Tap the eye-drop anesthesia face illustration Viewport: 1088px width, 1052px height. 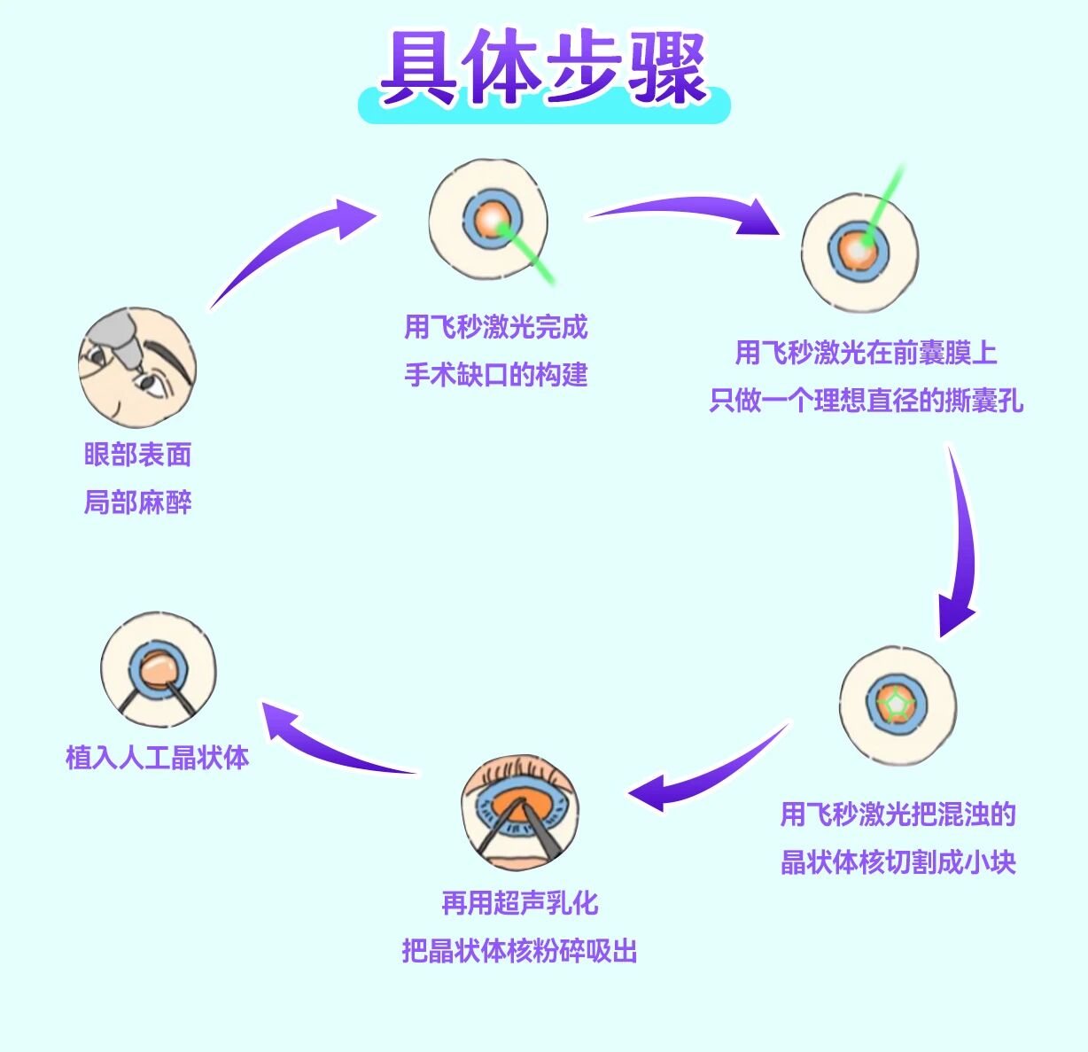point(136,368)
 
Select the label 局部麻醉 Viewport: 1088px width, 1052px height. point(137,503)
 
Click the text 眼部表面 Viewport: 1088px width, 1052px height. point(137,455)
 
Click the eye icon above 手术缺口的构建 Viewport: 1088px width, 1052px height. point(488,220)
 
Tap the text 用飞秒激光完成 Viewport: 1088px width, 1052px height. point(495,327)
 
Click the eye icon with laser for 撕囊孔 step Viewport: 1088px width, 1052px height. point(859,253)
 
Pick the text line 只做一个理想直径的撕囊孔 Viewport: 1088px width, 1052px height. point(866,401)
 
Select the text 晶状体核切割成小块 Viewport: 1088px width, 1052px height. point(898,861)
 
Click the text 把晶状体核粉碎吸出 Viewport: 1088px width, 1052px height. point(519,951)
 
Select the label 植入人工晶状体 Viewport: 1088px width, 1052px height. point(158,758)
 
